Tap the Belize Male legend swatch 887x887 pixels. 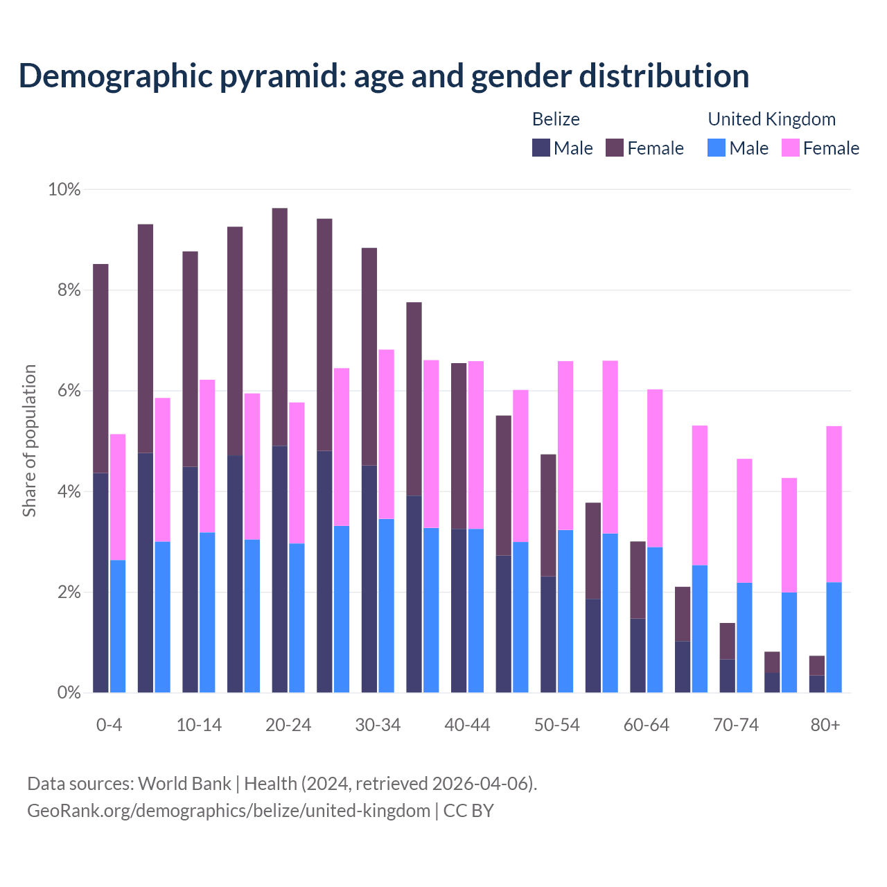(541, 148)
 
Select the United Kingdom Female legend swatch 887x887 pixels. (790, 148)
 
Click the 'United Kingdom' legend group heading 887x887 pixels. (771, 119)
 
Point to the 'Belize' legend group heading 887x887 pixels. (556, 119)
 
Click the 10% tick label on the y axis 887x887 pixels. (64, 189)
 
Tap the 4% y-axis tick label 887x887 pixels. (69, 492)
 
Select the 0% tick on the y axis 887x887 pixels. (69, 693)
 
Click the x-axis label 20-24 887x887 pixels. (288, 725)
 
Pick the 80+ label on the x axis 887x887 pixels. (825, 725)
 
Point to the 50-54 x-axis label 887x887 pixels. (556, 725)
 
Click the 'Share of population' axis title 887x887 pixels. (29, 441)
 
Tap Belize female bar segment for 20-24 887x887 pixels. (280, 326)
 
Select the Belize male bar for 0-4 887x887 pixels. (100, 582)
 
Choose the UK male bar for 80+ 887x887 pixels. (834, 638)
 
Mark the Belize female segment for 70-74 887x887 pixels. (727, 641)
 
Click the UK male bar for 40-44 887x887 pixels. (476, 610)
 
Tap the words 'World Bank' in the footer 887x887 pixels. (184, 784)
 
